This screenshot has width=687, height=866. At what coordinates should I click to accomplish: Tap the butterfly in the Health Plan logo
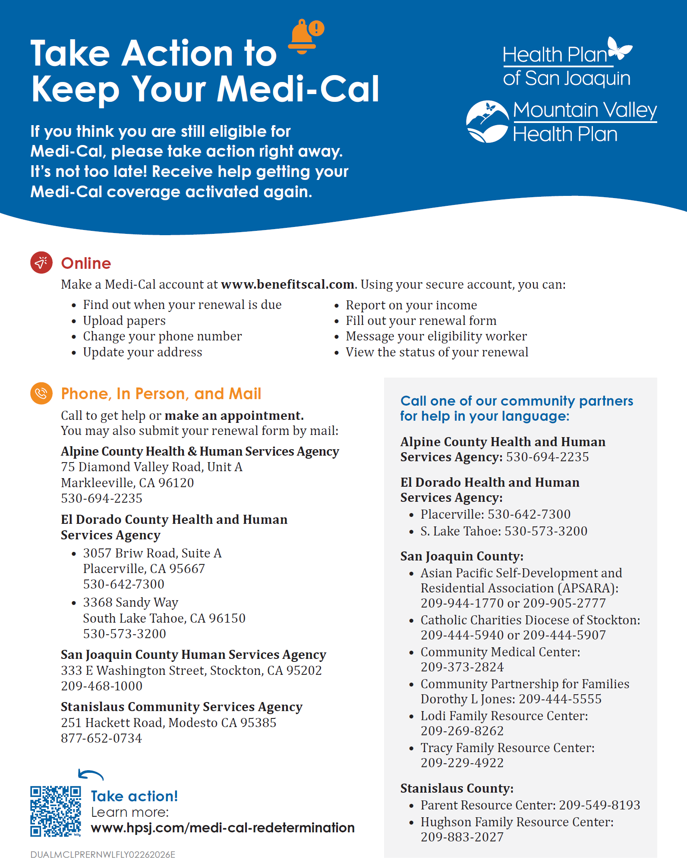[x=619, y=48]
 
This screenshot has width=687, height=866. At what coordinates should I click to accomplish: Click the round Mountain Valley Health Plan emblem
[x=488, y=122]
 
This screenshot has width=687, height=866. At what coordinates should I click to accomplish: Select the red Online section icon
[x=41, y=262]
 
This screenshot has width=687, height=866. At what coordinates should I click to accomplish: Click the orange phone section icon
[x=41, y=393]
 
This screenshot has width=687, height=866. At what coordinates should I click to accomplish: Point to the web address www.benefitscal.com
[x=288, y=285]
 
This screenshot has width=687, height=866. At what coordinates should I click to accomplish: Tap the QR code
[x=56, y=811]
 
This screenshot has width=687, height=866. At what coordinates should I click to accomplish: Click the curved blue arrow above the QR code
[x=91, y=775]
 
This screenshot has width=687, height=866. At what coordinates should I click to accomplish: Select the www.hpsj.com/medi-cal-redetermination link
[x=223, y=828]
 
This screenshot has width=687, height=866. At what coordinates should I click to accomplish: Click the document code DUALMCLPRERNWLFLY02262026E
[x=103, y=855]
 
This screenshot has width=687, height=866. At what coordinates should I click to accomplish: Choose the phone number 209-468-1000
[x=102, y=686]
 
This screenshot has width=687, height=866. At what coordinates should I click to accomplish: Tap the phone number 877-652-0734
[x=101, y=738]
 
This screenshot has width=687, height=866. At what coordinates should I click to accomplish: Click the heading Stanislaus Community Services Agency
[x=182, y=707]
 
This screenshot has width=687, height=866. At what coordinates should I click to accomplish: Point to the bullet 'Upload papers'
[x=124, y=321]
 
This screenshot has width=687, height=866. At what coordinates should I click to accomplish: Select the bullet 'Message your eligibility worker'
[x=436, y=336]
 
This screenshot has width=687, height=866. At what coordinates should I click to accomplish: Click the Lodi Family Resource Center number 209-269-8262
[x=462, y=731]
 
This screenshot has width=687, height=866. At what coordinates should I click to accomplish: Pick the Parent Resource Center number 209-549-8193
[x=599, y=805]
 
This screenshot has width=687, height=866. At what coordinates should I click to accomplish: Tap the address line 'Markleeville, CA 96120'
[x=127, y=483]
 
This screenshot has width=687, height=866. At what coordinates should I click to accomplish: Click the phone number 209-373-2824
[x=462, y=667]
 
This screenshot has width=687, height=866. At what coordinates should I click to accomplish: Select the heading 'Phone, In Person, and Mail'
[x=161, y=394]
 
